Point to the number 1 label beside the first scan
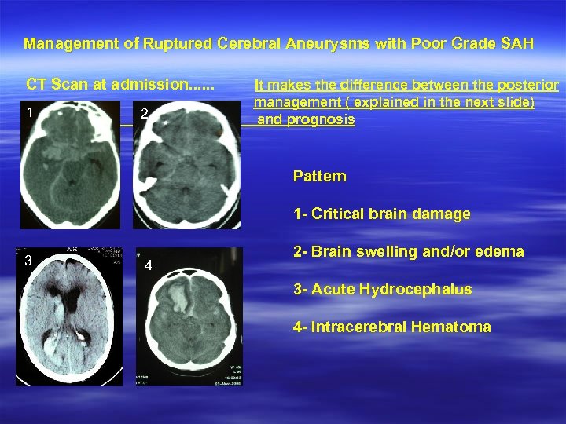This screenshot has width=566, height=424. (30, 111)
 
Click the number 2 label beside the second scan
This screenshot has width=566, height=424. (144, 115)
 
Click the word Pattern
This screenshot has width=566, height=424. (319, 176)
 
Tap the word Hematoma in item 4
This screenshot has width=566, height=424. (456, 327)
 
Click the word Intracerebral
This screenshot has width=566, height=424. (358, 327)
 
